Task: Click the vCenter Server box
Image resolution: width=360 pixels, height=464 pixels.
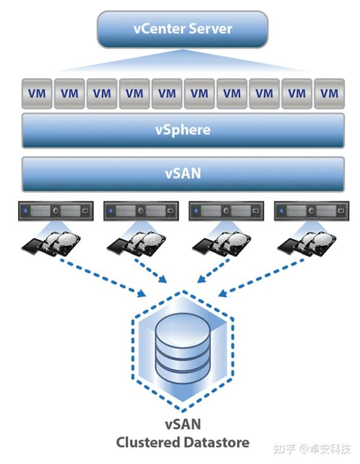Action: (182, 29)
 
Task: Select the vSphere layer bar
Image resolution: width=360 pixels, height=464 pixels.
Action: (183, 130)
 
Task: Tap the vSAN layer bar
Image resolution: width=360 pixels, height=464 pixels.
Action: (183, 174)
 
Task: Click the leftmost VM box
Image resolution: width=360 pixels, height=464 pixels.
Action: (37, 94)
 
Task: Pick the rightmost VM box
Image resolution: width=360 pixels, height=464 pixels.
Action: (329, 94)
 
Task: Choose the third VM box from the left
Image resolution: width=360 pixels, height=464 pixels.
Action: (102, 94)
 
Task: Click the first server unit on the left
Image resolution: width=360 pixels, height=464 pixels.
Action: (55, 211)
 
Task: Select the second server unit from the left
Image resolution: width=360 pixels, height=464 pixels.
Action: (140, 211)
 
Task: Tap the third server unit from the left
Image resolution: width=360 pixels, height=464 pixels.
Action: (226, 211)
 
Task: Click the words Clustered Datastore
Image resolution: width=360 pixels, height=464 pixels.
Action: (182, 442)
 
